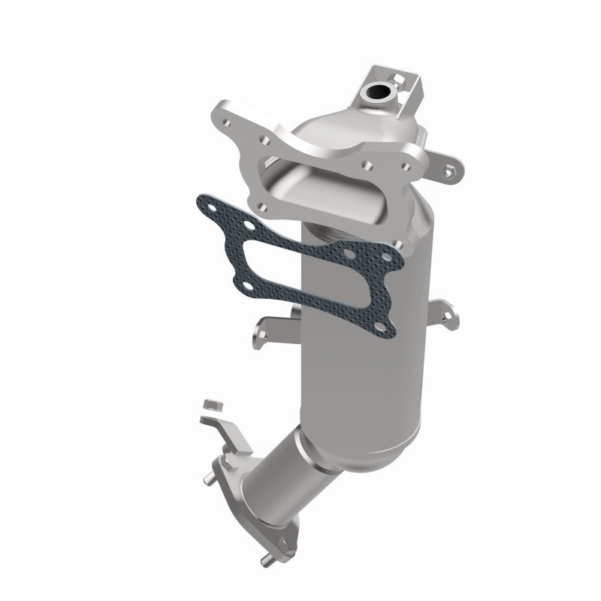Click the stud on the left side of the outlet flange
pyautogui.click(x=205, y=475)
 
